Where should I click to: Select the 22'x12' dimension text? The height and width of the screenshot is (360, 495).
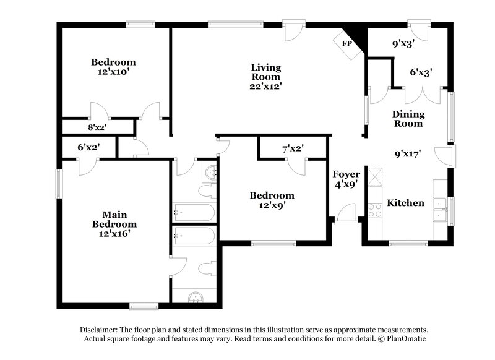click(265, 87)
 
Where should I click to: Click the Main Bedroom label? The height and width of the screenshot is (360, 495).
click(114, 219)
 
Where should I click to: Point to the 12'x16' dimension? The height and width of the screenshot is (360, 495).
click(114, 234)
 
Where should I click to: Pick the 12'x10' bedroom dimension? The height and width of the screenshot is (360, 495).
click(113, 72)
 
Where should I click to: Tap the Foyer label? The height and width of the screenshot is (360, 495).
click(343, 174)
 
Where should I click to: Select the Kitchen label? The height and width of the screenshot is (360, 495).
click(405, 203)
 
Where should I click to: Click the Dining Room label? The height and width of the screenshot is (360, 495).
click(408, 119)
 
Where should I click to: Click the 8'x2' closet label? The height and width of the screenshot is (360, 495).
click(98, 127)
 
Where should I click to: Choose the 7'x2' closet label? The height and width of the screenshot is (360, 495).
click(293, 148)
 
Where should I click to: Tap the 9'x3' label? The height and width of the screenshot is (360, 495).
click(402, 44)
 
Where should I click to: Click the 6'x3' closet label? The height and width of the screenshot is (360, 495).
click(421, 72)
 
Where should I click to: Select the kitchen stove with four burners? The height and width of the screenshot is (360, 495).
click(375, 210)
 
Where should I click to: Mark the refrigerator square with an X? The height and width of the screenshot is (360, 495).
click(375, 178)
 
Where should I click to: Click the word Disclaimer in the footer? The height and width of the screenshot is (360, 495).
click(101, 330)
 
